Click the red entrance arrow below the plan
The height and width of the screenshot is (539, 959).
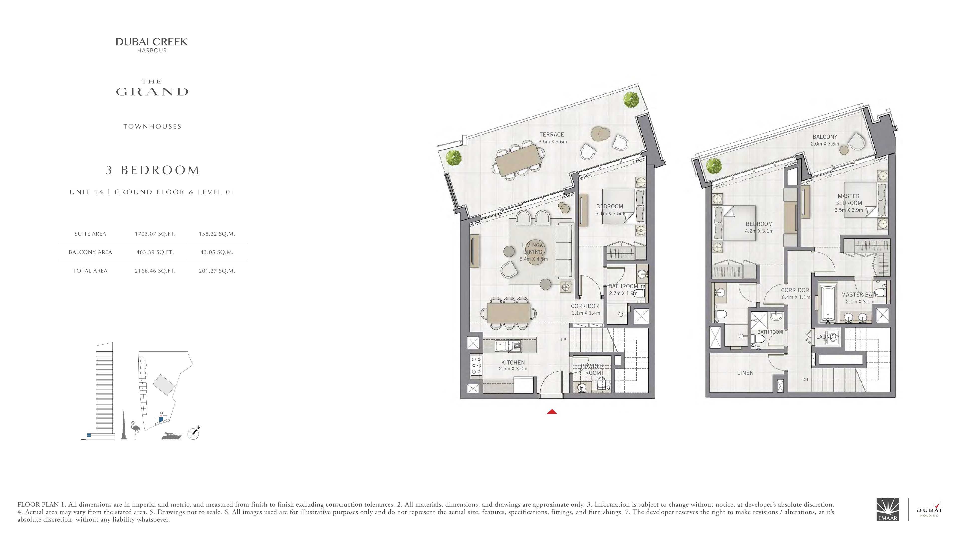point(552,411)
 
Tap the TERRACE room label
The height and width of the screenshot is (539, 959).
point(552,135)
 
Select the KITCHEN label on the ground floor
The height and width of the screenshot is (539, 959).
point(513,362)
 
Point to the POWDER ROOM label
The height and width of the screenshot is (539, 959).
point(592,369)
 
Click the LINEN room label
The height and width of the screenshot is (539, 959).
point(745,373)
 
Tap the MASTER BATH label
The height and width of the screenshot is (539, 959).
point(860,295)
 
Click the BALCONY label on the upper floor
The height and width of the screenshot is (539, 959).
point(825,137)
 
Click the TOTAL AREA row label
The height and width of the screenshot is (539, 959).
point(90,271)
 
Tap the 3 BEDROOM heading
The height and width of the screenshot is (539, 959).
point(153,170)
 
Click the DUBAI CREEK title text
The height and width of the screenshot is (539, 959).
point(152,42)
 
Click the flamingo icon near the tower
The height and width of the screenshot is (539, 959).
point(135,430)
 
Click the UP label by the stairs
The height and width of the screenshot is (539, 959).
point(563,340)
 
